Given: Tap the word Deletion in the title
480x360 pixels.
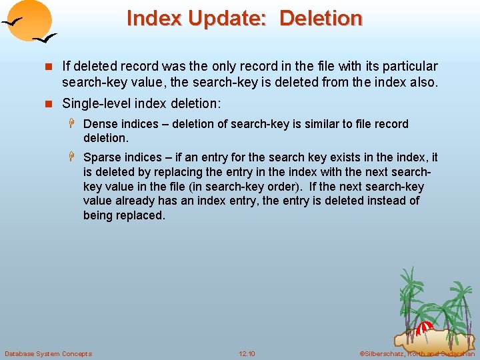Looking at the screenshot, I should click(321, 18).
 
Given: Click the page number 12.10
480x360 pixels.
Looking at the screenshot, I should click(247, 353).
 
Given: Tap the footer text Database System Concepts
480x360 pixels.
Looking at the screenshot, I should click(48, 353).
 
